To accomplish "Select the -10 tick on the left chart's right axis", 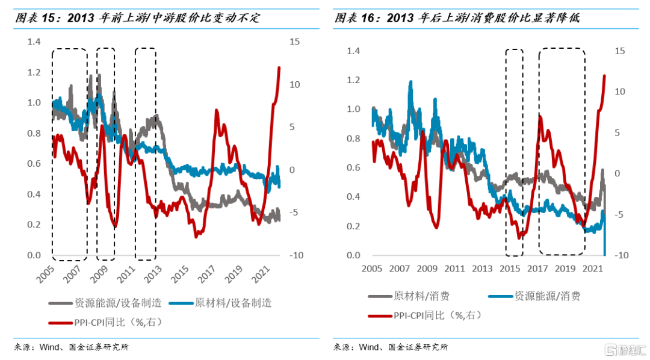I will [x=296, y=256].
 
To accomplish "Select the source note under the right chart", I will [x=391, y=347].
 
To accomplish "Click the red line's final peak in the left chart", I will [x=279, y=67].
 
